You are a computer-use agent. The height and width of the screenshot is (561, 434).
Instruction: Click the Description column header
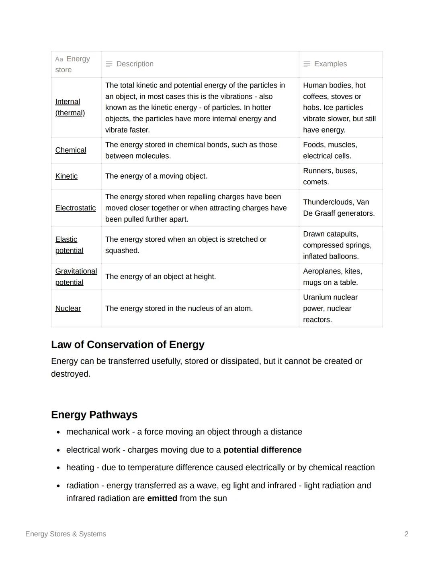coord(135,64)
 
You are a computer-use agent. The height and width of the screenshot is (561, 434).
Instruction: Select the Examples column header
coord(330,64)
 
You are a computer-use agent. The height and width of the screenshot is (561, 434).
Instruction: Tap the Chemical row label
coord(71,150)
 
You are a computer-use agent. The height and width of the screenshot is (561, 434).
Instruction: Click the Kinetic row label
coord(66,176)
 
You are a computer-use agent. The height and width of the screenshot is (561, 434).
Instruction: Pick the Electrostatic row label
coord(76,208)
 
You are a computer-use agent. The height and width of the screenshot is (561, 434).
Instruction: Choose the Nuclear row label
coord(68,308)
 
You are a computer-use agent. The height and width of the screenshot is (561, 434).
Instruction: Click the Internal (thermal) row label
coord(70,107)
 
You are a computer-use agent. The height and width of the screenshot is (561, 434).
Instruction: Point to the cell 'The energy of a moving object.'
coord(156,176)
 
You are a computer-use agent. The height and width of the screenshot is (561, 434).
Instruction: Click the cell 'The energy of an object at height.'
coord(160,277)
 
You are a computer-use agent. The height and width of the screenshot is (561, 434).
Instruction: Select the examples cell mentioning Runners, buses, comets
coord(330,176)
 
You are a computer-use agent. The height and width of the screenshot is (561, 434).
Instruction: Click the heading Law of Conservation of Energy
coord(128,345)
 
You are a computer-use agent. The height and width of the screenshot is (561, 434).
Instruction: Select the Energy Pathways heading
coord(94,414)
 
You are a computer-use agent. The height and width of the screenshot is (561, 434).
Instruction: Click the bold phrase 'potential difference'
coord(262,450)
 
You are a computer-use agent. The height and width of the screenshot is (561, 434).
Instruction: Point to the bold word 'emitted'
coord(162,498)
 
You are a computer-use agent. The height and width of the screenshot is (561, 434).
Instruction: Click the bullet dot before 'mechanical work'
coord(59,432)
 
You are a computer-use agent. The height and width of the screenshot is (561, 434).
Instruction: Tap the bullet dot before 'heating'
coord(59,468)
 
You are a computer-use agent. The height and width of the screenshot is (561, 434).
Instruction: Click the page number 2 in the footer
coord(406,534)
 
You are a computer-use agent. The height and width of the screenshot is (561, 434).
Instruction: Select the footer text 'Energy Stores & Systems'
coord(66,534)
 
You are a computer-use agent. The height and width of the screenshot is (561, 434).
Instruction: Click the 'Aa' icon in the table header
coord(59,59)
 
